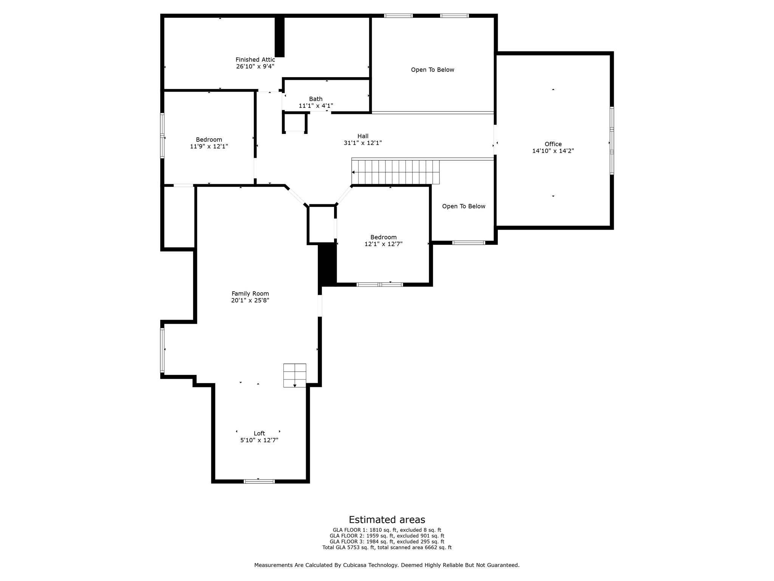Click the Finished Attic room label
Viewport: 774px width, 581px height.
click(x=255, y=60)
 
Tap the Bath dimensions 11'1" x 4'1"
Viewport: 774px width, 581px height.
click(x=316, y=106)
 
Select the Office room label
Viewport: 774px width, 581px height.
click(x=553, y=144)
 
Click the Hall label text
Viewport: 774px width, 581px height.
click(x=363, y=136)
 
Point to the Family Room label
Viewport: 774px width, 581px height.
click(x=250, y=294)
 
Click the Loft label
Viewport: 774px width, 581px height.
click(x=259, y=433)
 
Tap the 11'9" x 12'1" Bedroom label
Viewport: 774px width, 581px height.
click(x=209, y=143)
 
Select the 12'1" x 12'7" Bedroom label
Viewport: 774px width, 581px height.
click(x=383, y=241)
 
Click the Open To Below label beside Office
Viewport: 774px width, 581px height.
click(x=463, y=206)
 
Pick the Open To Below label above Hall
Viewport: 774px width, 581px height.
click(x=432, y=70)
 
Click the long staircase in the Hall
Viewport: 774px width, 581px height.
click(x=395, y=172)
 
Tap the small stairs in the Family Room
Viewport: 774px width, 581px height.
click(x=295, y=375)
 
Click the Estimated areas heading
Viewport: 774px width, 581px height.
click(x=387, y=520)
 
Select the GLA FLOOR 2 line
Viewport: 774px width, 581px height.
click(x=387, y=536)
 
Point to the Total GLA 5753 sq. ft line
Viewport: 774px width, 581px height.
click(x=387, y=547)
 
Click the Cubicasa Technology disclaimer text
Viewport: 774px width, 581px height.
click(x=387, y=565)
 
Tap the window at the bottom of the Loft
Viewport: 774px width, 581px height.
click(x=259, y=481)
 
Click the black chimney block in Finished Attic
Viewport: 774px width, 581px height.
click(x=279, y=37)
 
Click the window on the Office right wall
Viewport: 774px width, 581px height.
click(x=611, y=141)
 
